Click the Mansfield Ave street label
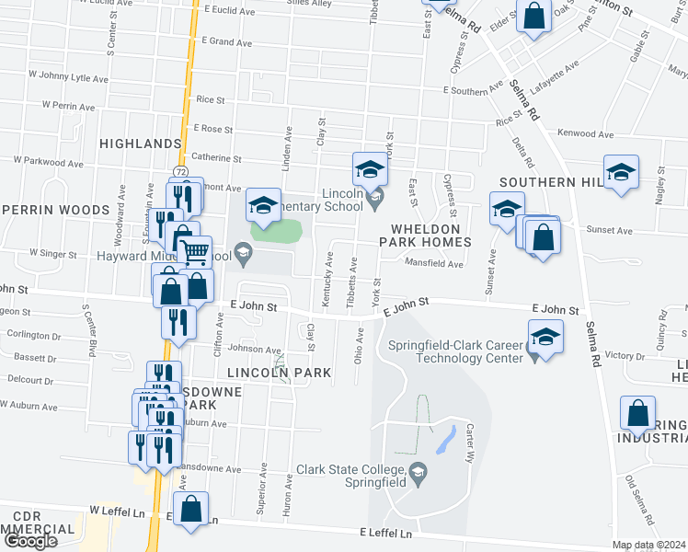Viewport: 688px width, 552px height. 436,263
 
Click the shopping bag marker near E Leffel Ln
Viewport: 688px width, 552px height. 190,509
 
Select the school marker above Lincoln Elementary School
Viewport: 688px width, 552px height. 370,168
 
